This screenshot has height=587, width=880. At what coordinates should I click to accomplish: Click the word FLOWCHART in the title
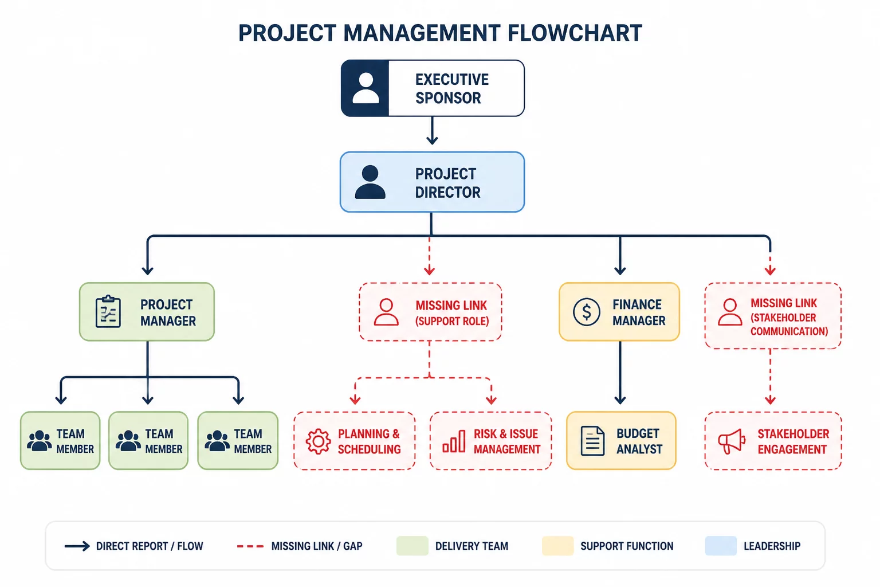(575, 33)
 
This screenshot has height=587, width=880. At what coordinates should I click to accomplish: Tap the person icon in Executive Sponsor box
(366, 88)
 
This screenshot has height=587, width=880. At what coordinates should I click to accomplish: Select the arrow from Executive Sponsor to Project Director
(432, 131)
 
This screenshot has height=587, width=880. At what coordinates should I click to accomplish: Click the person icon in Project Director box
(370, 182)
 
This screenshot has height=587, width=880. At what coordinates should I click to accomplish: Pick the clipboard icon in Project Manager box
(108, 311)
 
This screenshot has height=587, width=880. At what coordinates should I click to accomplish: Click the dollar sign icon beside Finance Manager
(586, 312)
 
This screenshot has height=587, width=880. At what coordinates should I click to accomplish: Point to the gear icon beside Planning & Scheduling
(318, 441)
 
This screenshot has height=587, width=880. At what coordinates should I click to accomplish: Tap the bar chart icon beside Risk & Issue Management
(454, 441)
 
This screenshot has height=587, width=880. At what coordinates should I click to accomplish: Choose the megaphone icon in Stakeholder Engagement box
(732, 441)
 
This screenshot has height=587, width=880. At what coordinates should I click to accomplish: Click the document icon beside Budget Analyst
(592, 441)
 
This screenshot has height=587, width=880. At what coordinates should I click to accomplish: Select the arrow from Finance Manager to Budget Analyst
(620, 373)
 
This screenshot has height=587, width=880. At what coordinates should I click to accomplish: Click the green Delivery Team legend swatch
(412, 546)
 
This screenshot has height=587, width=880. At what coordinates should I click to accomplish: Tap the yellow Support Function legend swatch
(557, 546)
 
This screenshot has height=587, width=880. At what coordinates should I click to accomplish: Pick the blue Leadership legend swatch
(721, 546)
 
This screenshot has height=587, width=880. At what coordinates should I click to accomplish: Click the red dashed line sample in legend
(250, 546)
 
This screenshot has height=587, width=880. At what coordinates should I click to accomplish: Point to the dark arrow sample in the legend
(77, 546)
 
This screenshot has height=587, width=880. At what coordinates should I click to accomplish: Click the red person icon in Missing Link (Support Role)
(386, 312)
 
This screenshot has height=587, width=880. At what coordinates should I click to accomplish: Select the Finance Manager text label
(639, 312)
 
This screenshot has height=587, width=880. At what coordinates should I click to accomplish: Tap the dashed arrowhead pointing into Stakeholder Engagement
(770, 400)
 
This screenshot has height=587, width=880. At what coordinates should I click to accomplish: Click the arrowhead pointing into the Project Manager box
(147, 271)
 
